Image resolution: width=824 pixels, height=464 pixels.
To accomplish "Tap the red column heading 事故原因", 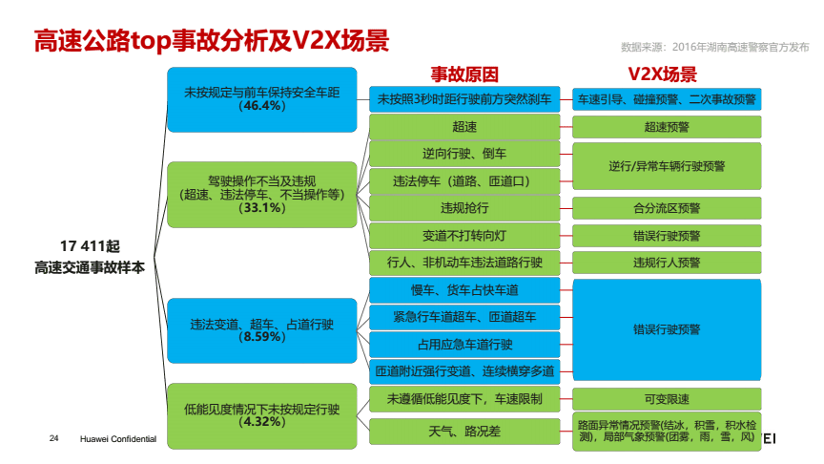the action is pos(464,75).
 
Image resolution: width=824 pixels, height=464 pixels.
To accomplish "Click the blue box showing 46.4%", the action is pos(261,99).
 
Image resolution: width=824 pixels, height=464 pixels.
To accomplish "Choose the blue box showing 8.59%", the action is pos(261,329).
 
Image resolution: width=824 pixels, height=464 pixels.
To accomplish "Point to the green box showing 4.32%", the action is pos(261,414).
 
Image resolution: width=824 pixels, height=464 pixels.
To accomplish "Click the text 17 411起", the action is pos(89,245).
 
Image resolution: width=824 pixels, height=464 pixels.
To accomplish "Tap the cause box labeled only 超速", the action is pos(464,126).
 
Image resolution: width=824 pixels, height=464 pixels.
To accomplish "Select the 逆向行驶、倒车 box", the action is pos(464,153).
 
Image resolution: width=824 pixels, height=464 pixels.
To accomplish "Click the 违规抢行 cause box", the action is pos(464,207).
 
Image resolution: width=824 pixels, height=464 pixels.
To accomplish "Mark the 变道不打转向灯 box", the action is pos(464,235).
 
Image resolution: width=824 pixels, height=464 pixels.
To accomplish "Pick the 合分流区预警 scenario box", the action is pos(667,207).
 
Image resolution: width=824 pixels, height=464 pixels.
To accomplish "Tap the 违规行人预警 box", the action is pos(667,262).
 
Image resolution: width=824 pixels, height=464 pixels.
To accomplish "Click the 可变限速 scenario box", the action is pos(667,398).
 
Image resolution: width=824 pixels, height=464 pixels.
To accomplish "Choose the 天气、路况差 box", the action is pos(464,432).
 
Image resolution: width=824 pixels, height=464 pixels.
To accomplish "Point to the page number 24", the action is pos(54,438).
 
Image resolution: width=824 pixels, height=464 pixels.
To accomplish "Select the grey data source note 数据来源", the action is pos(712,45).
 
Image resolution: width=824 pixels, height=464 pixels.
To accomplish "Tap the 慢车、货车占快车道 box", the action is pos(464,289).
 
